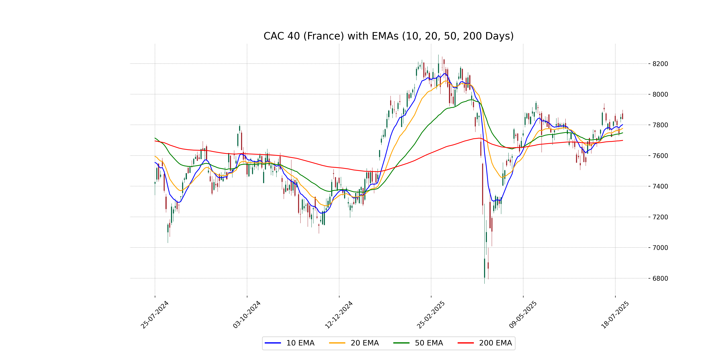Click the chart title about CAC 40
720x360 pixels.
pos(388,36)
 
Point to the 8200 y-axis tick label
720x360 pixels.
pos(660,64)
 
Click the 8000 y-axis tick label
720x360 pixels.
pos(660,94)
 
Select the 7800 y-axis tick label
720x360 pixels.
pos(660,125)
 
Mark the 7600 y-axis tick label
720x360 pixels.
pos(660,156)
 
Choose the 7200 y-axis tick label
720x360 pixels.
pos(660,217)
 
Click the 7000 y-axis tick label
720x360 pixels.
pos(660,248)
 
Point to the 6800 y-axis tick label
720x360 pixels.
pos(660,278)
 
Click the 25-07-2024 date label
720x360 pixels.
pos(154,315)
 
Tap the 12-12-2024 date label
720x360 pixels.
pos(339,315)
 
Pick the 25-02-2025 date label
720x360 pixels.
pos(431,315)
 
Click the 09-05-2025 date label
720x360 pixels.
pos(523,315)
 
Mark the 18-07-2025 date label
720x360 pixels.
pos(615,315)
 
